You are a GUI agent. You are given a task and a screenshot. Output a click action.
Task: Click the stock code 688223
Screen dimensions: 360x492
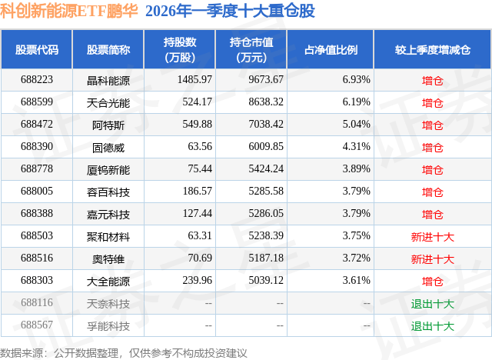(x=37, y=80)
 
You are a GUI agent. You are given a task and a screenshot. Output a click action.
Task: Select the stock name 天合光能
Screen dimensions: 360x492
(x=108, y=102)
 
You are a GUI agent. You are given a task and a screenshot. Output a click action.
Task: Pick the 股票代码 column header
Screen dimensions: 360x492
(x=37, y=50)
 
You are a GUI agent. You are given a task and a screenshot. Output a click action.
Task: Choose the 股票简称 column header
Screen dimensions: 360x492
(x=108, y=50)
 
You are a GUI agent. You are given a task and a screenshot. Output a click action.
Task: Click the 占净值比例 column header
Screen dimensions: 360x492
(x=336, y=50)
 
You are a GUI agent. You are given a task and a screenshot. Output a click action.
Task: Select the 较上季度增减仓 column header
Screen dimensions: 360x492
(x=432, y=50)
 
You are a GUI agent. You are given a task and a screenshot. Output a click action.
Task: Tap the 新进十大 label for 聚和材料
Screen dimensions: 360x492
(x=432, y=237)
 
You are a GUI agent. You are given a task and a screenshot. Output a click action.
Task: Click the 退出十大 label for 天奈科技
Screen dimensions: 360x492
(x=432, y=304)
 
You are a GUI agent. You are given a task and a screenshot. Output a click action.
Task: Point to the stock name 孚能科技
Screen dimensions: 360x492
(x=108, y=326)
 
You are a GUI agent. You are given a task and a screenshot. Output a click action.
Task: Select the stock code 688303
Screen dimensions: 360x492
(x=37, y=282)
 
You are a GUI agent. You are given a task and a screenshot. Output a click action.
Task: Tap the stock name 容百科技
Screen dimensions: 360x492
(x=108, y=192)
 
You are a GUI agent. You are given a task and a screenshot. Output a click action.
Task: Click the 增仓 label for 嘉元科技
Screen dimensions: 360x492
(x=432, y=215)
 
